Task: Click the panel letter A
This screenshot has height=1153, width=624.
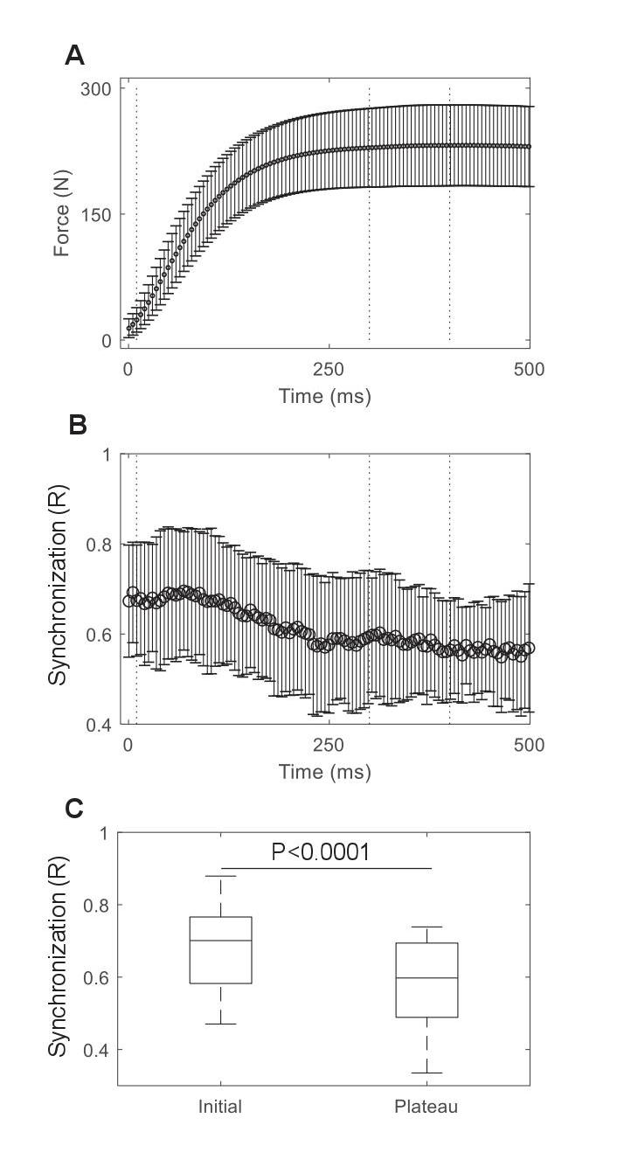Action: [75, 56]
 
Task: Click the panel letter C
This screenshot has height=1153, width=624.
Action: [76, 809]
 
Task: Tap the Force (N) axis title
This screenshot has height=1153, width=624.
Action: [61, 214]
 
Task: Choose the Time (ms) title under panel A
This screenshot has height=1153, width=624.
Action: [324, 396]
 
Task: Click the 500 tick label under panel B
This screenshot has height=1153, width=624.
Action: [529, 746]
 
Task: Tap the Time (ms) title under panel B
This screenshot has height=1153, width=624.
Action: [324, 772]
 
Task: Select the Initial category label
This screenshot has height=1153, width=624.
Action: [220, 1107]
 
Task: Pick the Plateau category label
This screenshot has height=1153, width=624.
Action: [426, 1107]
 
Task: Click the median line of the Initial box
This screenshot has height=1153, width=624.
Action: [221, 941]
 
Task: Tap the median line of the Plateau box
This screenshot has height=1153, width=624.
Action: [427, 978]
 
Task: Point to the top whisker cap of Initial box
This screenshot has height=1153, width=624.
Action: [221, 876]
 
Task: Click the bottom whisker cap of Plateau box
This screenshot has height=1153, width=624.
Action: [427, 1073]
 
